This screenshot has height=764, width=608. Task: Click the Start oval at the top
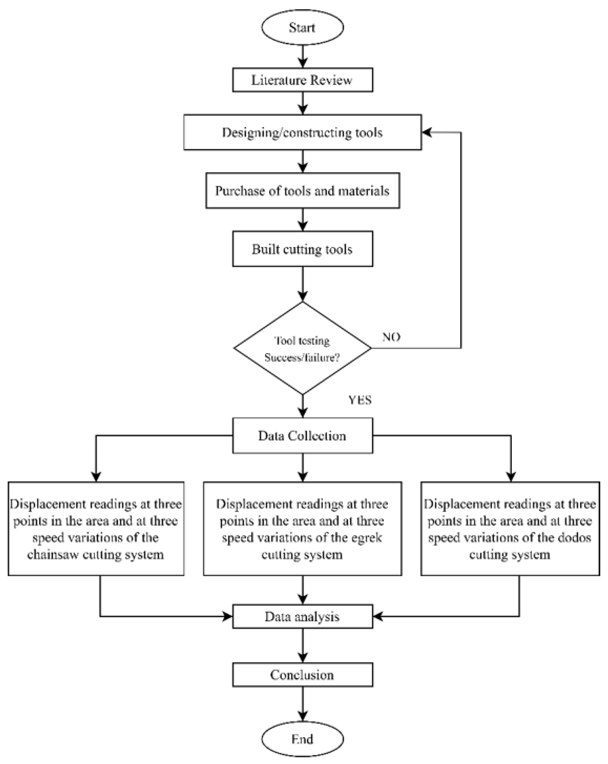click(x=302, y=27)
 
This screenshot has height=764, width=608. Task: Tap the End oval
click(x=302, y=739)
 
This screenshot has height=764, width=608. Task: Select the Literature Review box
click(x=302, y=80)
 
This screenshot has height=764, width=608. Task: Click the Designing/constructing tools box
click(x=302, y=132)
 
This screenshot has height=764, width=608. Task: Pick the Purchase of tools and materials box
click(x=302, y=191)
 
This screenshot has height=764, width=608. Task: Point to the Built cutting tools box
click(x=302, y=249)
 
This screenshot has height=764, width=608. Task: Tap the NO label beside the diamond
click(x=391, y=337)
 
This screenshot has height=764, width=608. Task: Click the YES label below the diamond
click(x=360, y=400)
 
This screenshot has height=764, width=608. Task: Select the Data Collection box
click(x=302, y=435)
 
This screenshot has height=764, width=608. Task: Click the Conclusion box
click(x=302, y=675)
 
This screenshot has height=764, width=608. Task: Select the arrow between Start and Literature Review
click(x=303, y=56)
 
